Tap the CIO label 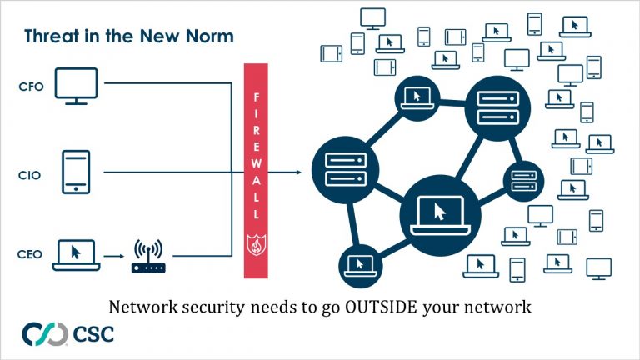(x=27, y=175)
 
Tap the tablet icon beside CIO (x=76, y=172)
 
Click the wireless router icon (x=148, y=257)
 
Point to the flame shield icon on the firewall (x=255, y=245)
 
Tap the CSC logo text (x=93, y=335)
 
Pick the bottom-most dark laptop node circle (x=362, y=267)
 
